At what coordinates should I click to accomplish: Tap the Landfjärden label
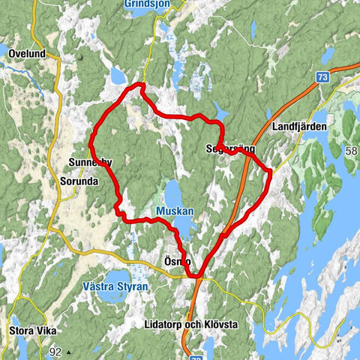point(300,127)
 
